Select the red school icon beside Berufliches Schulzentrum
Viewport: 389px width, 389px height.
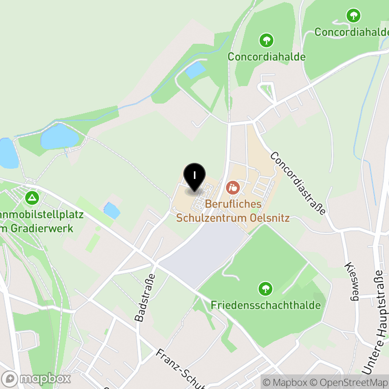[233, 187]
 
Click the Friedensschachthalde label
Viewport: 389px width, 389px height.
[265, 305]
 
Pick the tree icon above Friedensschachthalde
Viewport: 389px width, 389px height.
[265, 289]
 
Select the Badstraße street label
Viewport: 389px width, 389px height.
[144, 298]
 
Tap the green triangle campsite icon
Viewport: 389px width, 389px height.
[32, 197]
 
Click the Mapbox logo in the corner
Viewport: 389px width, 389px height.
[36, 379]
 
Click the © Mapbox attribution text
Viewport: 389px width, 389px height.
[285, 382]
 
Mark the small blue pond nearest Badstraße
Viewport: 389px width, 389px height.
[112, 210]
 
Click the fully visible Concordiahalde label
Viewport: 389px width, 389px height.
[266, 56]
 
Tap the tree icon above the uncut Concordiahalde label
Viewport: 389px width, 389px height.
[266, 40]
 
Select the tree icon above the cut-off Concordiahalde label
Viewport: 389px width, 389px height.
[354, 16]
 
